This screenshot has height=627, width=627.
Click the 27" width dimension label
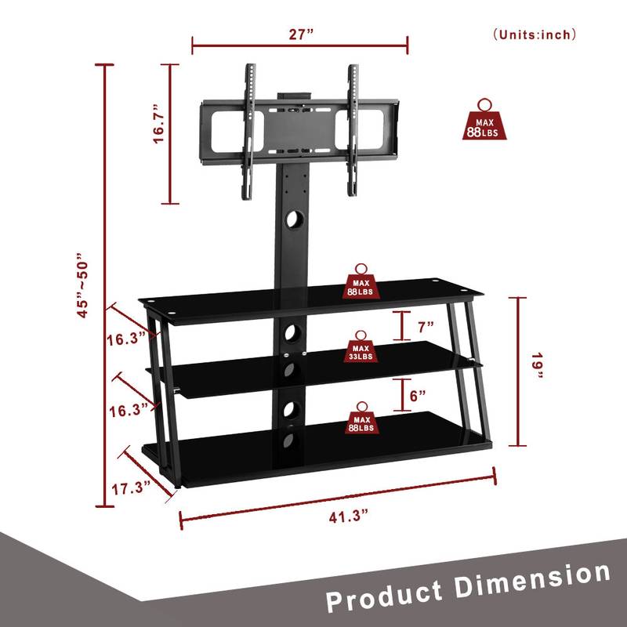coord(300,34)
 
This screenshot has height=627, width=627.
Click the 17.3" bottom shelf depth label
coord(130,488)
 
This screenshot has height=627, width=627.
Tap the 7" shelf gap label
coord(426,324)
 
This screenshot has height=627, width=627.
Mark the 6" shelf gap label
coord(418,396)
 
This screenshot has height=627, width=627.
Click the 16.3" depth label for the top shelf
coord(127,339)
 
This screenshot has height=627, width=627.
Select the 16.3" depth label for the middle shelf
coord(127,409)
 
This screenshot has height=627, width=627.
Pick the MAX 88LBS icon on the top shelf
coord(362,283)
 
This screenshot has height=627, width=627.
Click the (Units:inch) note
coord(535,34)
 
